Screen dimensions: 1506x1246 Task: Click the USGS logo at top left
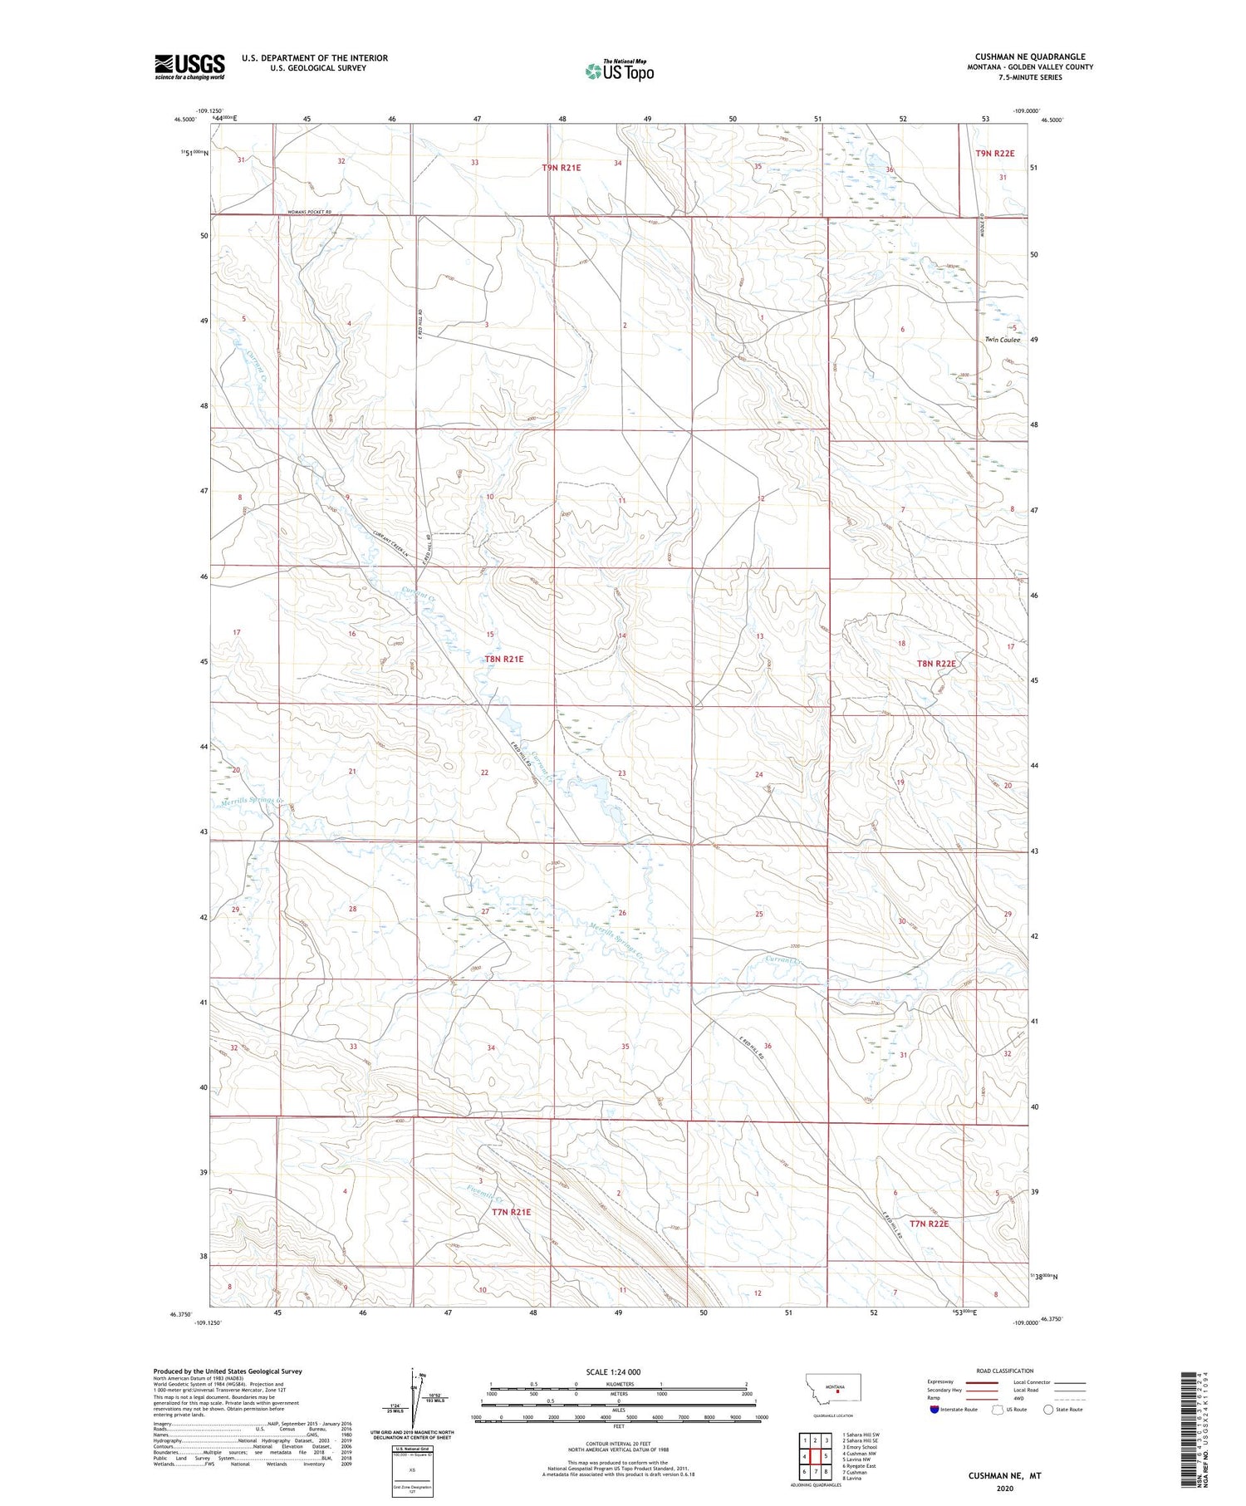[189, 66]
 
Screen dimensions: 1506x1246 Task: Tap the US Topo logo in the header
[620, 71]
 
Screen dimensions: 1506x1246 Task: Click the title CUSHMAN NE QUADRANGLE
[1030, 57]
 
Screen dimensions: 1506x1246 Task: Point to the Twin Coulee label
[1002, 340]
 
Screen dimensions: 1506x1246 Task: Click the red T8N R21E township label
[503, 659]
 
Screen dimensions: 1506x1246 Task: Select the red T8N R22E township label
[936, 664]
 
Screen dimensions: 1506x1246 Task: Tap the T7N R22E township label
[929, 1224]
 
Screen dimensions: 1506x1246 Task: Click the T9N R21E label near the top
[562, 168]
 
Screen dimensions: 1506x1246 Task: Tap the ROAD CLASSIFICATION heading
[1004, 1371]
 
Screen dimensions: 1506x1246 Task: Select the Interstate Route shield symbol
[934, 1410]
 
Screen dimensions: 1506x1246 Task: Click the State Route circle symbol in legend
[1048, 1410]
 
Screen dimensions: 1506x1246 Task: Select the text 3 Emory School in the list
[859, 1447]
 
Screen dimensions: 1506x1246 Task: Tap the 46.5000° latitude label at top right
[1051, 120]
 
